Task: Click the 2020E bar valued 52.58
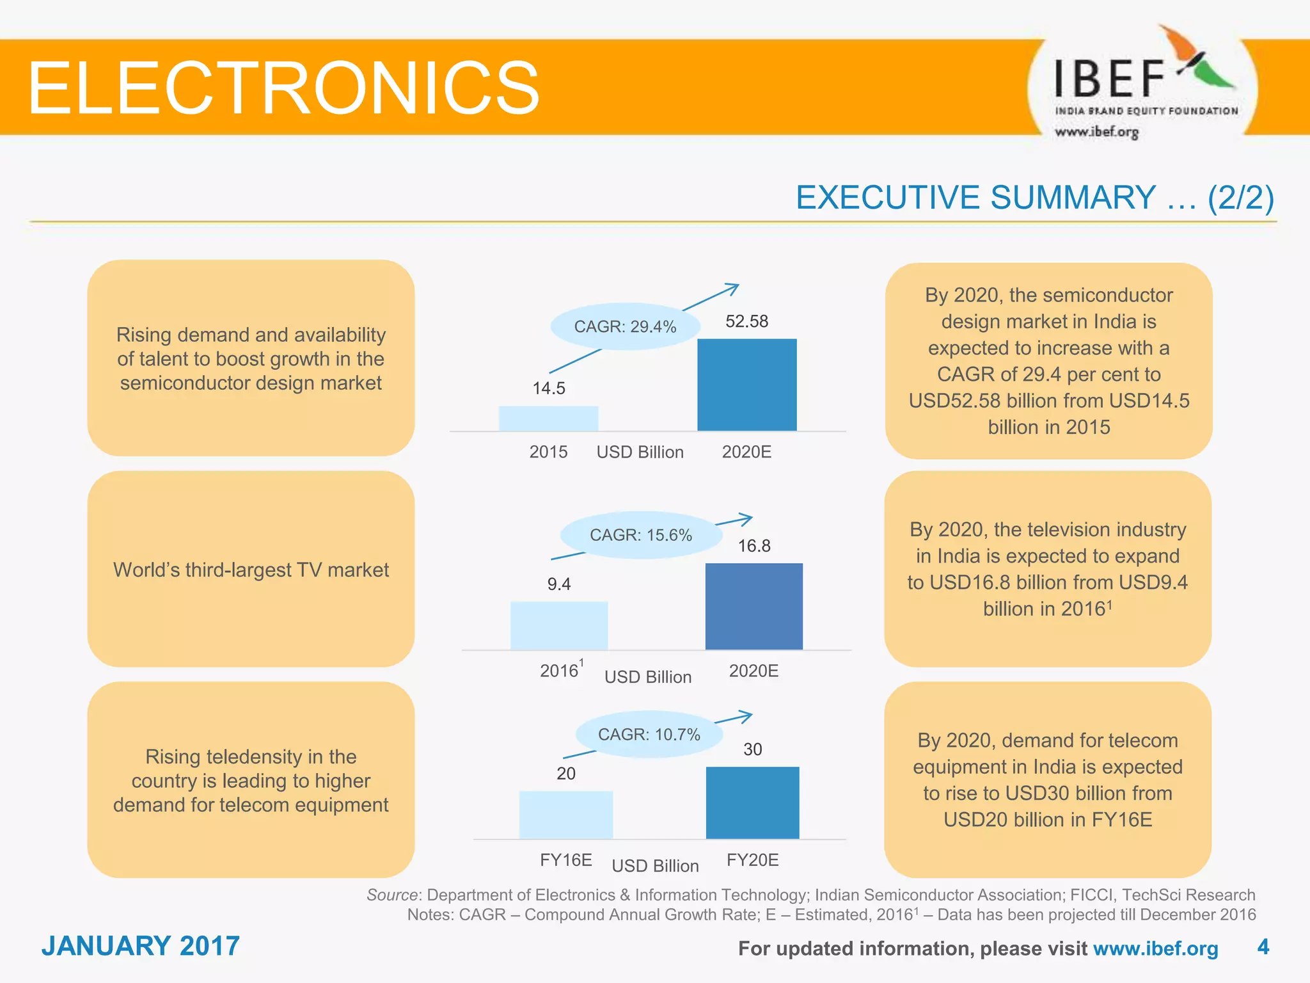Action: [746, 385]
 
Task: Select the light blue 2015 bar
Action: [548, 419]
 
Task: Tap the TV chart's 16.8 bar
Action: [754, 606]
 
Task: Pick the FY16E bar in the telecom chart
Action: [565, 815]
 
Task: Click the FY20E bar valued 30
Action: [752, 803]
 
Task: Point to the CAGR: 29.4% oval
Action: [624, 326]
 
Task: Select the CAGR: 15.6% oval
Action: [640, 535]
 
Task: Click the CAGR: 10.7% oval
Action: [649, 735]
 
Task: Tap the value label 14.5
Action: [549, 388]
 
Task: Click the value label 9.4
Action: [558, 584]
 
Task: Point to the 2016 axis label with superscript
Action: [562, 670]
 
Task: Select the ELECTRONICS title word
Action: [283, 88]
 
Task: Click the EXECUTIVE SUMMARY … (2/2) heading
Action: [1034, 197]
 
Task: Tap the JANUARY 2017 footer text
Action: [141, 946]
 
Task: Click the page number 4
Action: [1263, 947]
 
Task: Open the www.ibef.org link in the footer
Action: [1155, 948]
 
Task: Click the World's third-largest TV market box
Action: [251, 570]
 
